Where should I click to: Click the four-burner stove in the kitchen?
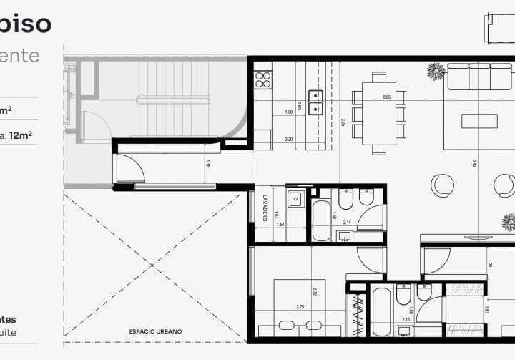(x=263, y=79)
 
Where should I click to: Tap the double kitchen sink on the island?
(x=315, y=102)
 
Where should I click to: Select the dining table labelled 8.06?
(x=378, y=113)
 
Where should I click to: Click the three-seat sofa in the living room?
(x=479, y=76)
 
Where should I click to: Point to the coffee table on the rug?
(x=479, y=121)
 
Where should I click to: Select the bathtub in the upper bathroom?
(x=322, y=220)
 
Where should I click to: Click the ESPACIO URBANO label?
(x=155, y=331)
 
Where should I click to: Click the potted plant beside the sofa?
(x=436, y=71)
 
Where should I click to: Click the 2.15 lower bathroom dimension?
(x=406, y=320)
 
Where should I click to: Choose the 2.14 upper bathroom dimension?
(x=347, y=223)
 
